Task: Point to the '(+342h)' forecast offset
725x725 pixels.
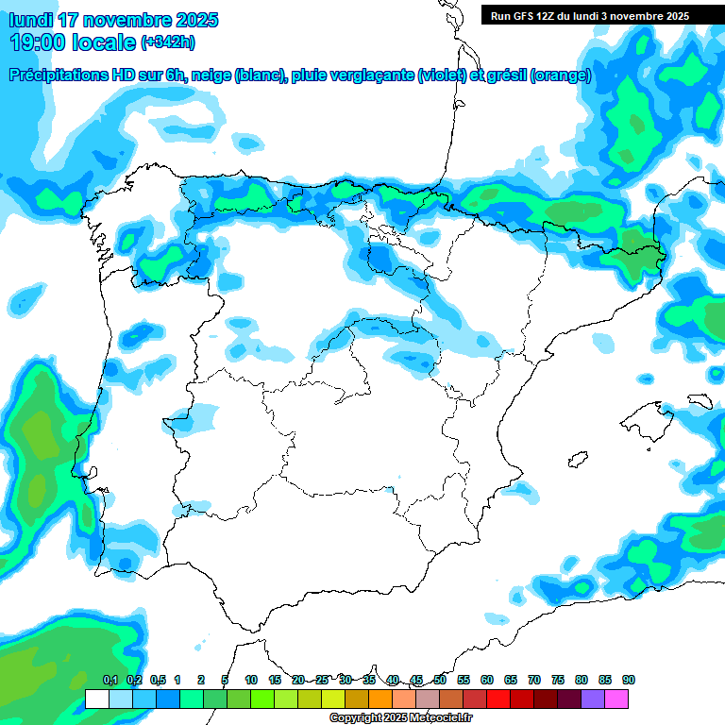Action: pyautogui.click(x=169, y=42)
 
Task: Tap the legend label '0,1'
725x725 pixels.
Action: pyautogui.click(x=110, y=681)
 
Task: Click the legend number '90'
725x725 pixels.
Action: pyautogui.click(x=628, y=681)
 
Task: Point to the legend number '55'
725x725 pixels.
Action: pyautogui.click(x=464, y=681)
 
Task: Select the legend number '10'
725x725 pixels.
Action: pyautogui.click(x=251, y=681)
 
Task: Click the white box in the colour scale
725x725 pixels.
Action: pyautogui.click(x=97, y=700)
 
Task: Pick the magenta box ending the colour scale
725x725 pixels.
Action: pyautogui.click(x=616, y=700)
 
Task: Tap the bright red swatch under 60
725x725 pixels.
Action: pyautogui.click(x=498, y=700)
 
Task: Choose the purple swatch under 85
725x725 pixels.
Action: pyautogui.click(x=593, y=700)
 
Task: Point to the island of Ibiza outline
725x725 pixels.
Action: pyautogui.click(x=575, y=460)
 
